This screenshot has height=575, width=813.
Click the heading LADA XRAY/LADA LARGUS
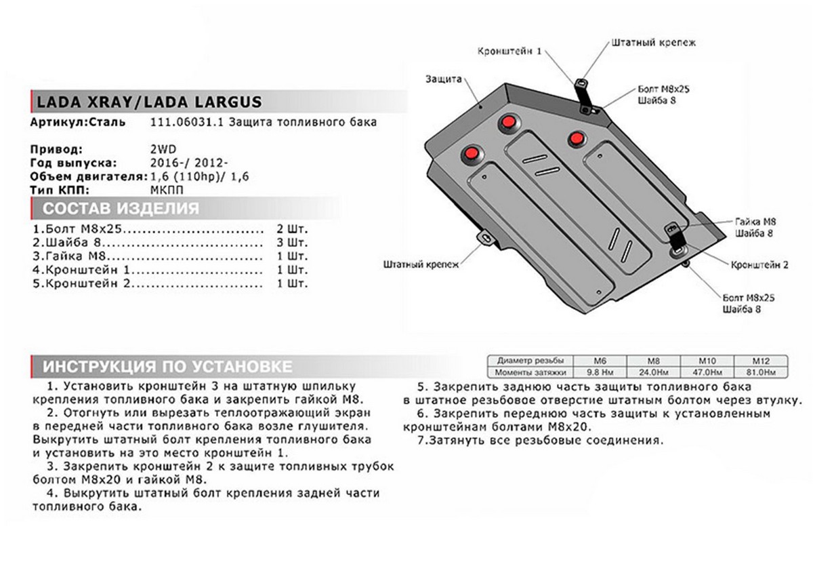pos(146,103)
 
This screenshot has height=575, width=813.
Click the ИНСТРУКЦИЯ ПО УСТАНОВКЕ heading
pos(167,367)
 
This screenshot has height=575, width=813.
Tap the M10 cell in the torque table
pos(707,361)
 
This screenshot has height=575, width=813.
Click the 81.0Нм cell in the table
pos(761,372)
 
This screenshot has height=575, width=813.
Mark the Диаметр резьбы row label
pos(530,361)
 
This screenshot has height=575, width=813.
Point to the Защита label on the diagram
pos(444,79)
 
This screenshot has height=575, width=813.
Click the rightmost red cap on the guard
pos(577,138)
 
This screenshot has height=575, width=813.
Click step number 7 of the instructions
pos(421,440)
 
